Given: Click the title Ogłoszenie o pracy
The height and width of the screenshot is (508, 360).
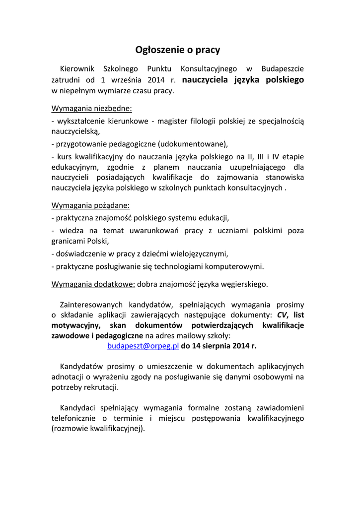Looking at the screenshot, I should pos(178,50).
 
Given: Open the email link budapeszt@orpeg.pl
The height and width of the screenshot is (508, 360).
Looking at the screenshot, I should pos(143,346).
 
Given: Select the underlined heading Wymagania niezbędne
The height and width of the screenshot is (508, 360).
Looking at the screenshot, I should pos(92,109).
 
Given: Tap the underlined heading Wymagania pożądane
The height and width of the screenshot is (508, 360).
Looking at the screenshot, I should pos(91,205).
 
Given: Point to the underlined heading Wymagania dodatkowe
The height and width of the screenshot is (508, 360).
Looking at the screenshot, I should pos(93,284).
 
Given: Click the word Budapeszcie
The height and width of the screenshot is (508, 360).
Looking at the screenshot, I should pos(283,68).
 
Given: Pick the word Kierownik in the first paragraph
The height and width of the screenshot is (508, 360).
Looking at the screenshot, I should pos(76,68).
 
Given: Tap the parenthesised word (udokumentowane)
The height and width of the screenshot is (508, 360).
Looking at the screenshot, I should pos(193,144).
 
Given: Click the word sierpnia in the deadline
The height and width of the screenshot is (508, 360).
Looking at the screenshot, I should pos(216,346).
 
